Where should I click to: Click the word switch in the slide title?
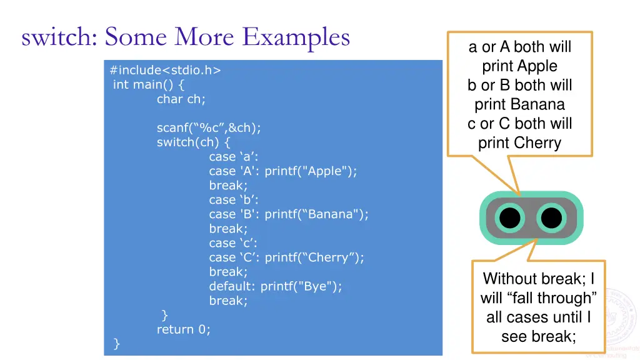[x=59, y=37]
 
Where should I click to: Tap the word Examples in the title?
[x=296, y=37]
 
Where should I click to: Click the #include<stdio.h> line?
[x=165, y=70]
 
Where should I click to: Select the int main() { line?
[x=149, y=84]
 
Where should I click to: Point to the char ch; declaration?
[x=181, y=99]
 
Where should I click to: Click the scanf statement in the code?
[x=209, y=127]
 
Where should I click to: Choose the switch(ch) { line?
[x=193, y=142]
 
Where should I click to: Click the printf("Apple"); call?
[x=311, y=171]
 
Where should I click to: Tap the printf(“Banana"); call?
[x=316, y=214]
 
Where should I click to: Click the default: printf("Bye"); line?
[x=276, y=286]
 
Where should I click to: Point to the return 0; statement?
[x=184, y=329]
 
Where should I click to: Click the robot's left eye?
[x=510, y=218]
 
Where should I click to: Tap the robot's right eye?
[x=551, y=218]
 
